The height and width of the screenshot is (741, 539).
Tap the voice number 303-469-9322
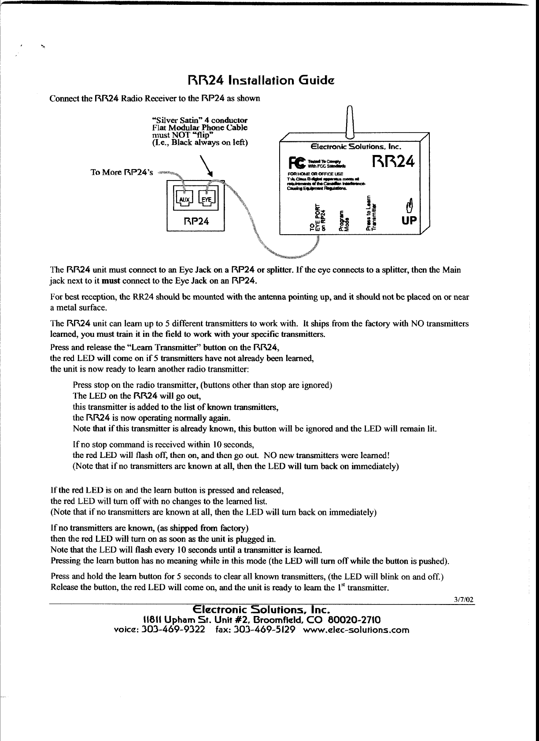(174, 630)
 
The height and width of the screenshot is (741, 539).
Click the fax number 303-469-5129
(264, 630)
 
